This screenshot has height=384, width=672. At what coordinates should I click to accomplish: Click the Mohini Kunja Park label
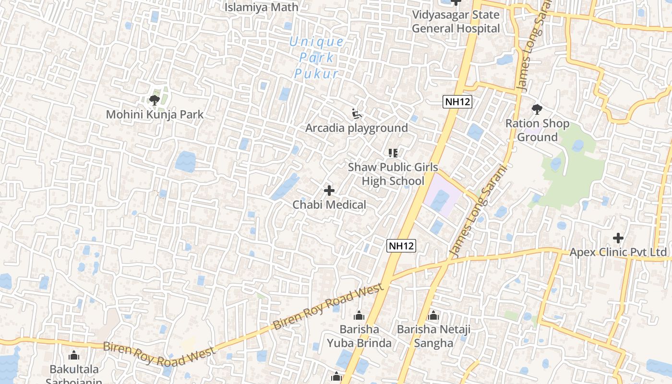(155, 115)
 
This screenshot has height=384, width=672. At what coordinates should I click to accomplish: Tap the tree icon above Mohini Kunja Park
(154, 100)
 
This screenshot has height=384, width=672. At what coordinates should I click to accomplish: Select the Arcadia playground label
(357, 128)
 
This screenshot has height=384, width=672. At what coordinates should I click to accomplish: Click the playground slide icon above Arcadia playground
(357, 114)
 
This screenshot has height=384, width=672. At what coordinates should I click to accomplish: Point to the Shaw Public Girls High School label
(393, 174)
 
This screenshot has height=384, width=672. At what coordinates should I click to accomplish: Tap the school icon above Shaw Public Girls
(393, 153)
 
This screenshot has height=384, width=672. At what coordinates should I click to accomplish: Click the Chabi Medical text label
(329, 205)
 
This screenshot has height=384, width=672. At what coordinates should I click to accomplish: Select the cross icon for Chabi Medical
(329, 191)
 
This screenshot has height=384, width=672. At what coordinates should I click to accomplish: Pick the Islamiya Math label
(262, 7)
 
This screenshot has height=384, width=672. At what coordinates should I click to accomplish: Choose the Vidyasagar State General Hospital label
(456, 22)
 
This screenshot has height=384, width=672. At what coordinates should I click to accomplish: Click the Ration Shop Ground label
(537, 130)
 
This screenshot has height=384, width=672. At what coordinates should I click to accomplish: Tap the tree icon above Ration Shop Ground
(537, 109)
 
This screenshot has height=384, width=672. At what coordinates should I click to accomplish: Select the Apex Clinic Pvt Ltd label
(618, 252)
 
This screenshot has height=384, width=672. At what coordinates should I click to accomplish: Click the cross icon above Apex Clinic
(618, 238)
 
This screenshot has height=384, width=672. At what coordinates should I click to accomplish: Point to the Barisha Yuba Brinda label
(359, 336)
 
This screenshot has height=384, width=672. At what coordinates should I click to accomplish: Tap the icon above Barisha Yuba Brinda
(359, 316)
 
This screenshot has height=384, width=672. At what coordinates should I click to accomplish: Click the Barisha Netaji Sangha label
(433, 336)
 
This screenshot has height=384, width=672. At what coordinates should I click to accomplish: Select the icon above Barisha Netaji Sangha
(433, 316)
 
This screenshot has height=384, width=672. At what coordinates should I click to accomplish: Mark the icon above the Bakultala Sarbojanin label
(74, 356)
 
